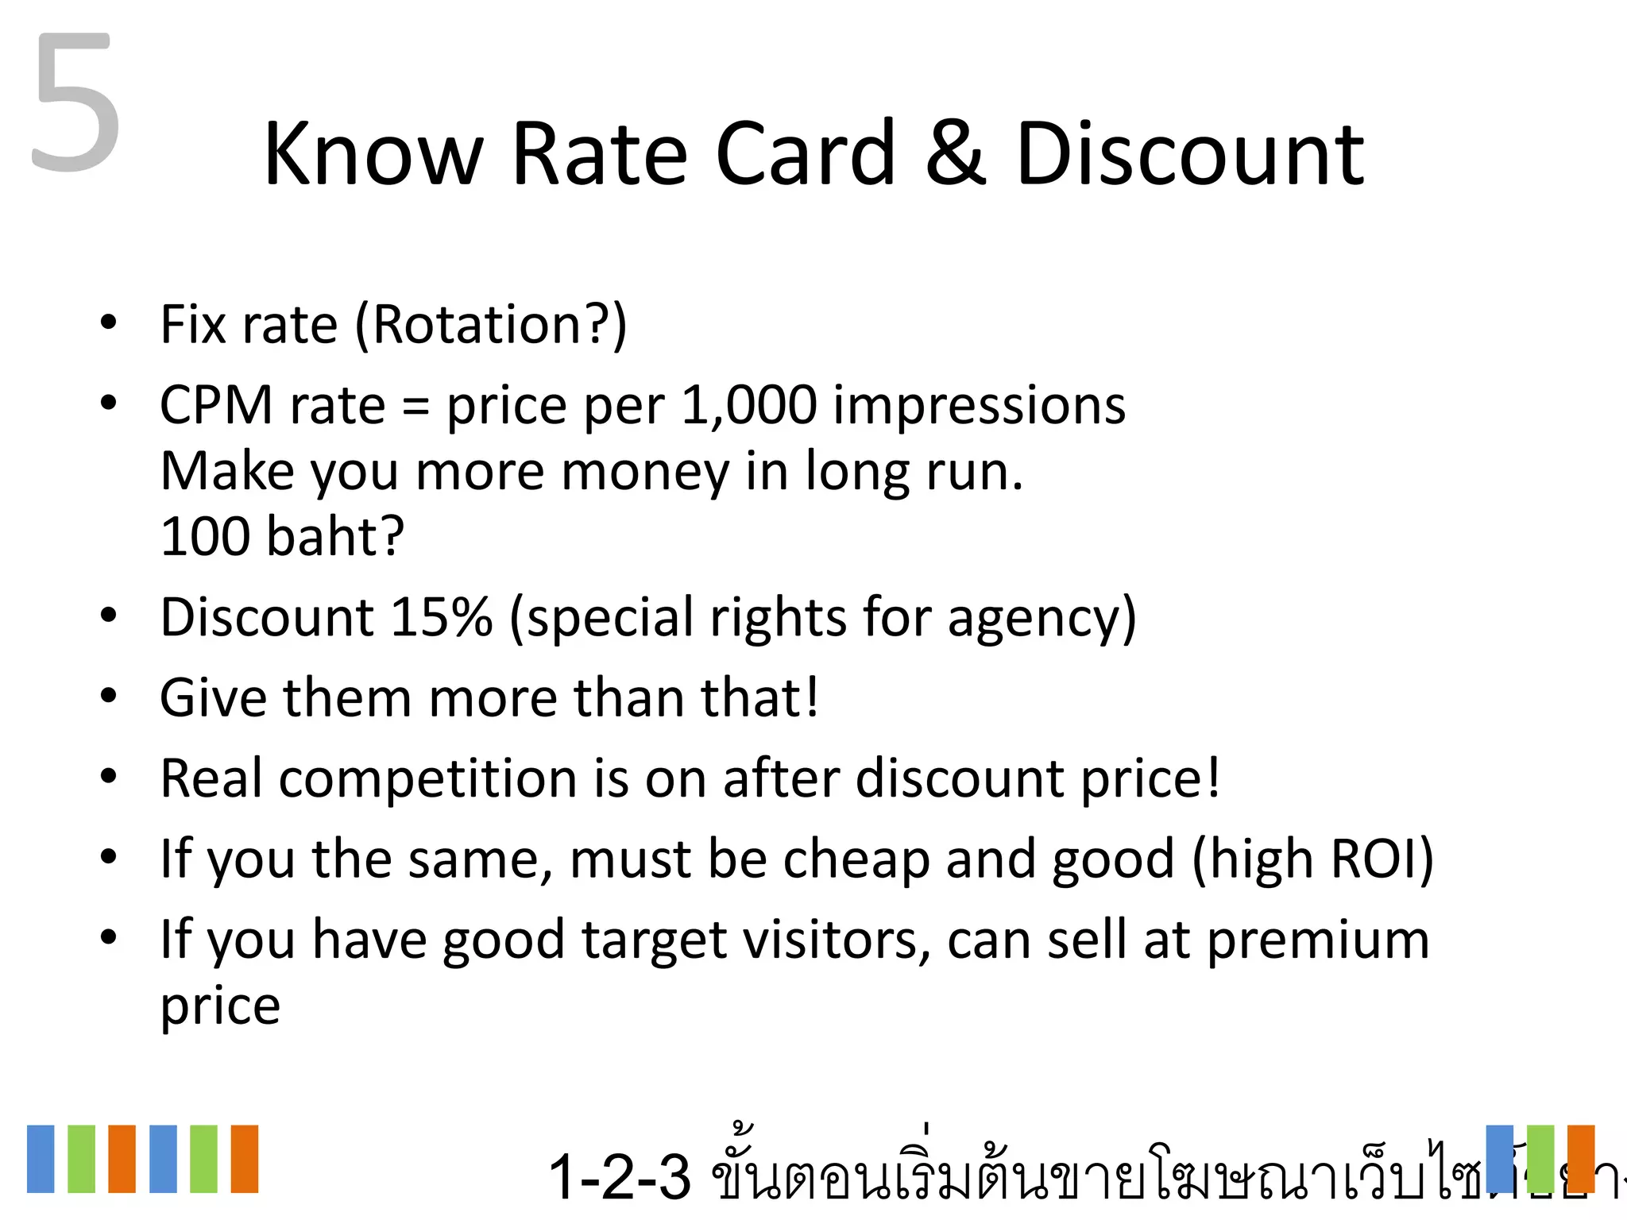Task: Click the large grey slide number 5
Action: [x=75, y=103]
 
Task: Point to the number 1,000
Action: [x=748, y=405]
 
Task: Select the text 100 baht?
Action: [x=282, y=536]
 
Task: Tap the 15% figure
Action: [x=442, y=617]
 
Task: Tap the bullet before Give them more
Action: [x=109, y=697]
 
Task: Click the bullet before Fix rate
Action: [x=109, y=323]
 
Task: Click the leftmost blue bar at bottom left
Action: [x=41, y=1158]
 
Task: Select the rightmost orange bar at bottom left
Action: [x=245, y=1158]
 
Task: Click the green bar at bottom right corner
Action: [x=1540, y=1158]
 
